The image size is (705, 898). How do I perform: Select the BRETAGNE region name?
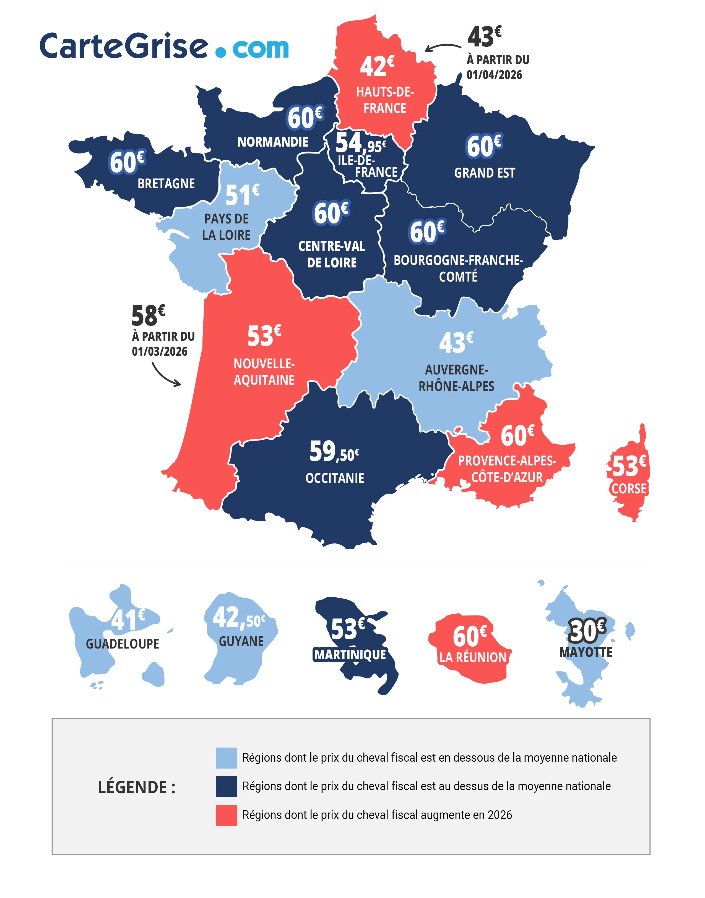tap(166, 184)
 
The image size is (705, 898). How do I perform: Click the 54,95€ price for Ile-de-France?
tap(360, 143)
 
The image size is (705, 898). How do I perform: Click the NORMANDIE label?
tap(272, 142)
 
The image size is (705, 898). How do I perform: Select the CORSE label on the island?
tap(629, 489)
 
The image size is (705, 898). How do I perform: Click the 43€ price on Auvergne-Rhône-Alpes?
tap(456, 343)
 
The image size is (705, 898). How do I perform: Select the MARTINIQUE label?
tap(350, 655)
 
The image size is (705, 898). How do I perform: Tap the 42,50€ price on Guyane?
tap(238, 618)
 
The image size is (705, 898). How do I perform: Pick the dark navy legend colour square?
tap(226, 786)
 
